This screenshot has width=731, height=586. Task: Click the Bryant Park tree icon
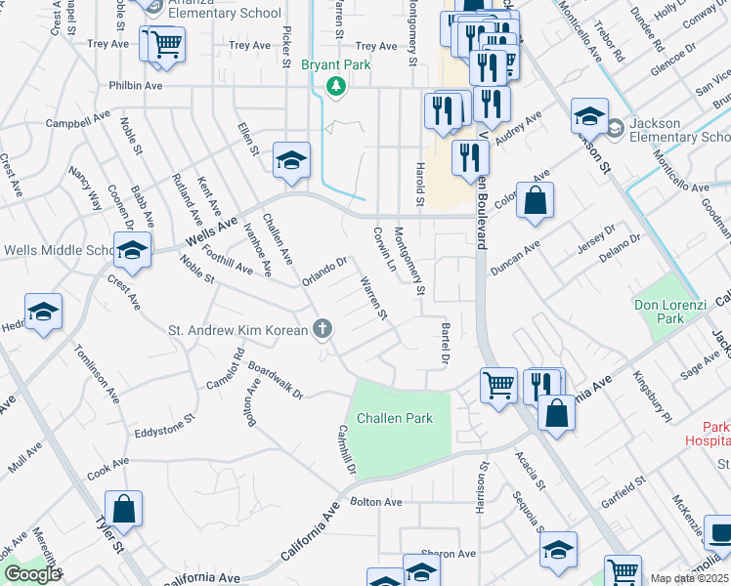[336, 87]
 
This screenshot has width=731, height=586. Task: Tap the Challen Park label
[394, 418]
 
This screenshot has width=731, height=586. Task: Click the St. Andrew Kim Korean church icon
[322, 328]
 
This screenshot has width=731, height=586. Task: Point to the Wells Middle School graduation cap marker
[132, 251]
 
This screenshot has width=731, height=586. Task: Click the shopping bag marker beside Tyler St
[123, 509]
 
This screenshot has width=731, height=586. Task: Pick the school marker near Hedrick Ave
[43, 313]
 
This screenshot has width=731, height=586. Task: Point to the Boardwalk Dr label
[276, 381]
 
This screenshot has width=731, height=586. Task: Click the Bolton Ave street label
[376, 502]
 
